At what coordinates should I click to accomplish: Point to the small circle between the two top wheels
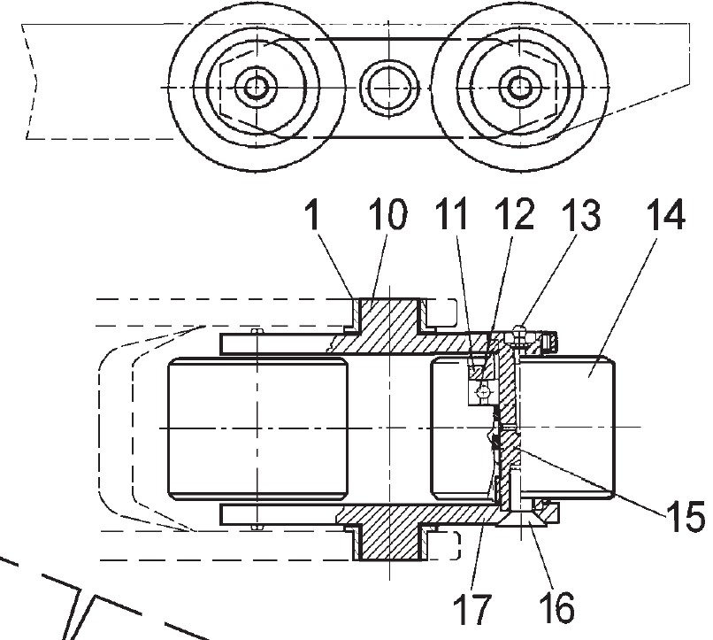(386, 87)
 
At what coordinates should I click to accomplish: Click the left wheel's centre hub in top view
(257, 87)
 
